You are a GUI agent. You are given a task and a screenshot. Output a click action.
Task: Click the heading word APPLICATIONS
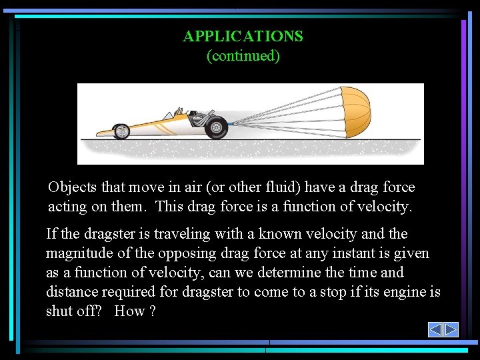[x=243, y=36]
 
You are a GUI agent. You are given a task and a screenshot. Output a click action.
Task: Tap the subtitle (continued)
[x=243, y=55]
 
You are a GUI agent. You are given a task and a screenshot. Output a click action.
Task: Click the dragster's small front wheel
[x=121, y=131]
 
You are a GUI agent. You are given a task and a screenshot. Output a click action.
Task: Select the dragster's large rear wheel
[x=217, y=127]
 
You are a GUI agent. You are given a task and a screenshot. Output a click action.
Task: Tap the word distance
[x=71, y=292]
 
